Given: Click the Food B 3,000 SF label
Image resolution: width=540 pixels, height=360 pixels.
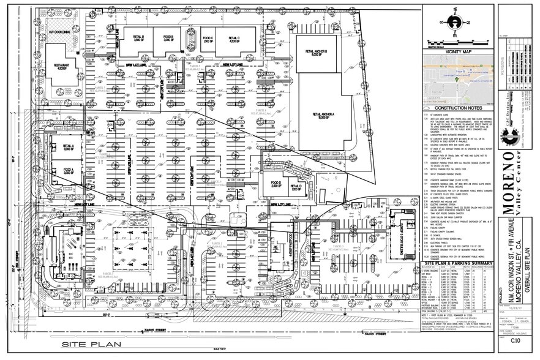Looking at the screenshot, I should point(169,39).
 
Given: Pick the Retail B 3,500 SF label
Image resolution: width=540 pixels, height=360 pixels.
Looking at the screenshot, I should point(138,39).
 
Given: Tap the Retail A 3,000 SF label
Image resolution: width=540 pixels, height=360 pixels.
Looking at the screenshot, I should point(67,148).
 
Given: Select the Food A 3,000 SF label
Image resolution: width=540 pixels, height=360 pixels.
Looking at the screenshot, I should point(67,173).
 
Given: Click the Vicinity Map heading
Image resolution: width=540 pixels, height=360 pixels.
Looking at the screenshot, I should point(457,53).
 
